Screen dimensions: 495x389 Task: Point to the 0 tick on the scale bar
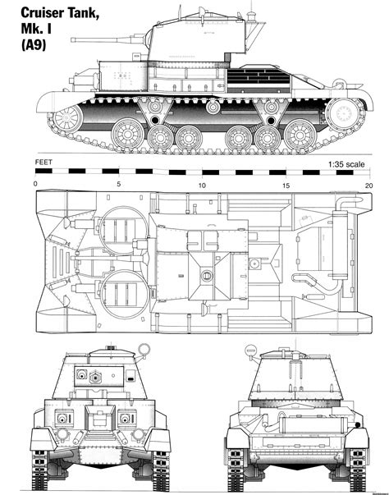(35, 185)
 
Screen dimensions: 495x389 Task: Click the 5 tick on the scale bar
(120, 185)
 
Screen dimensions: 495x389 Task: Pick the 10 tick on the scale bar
(202, 185)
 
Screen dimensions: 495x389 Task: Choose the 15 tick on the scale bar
(285, 185)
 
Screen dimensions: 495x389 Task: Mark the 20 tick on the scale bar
(368, 185)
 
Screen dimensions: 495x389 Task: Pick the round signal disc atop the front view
(146, 349)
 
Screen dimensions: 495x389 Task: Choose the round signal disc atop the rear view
(250, 352)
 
